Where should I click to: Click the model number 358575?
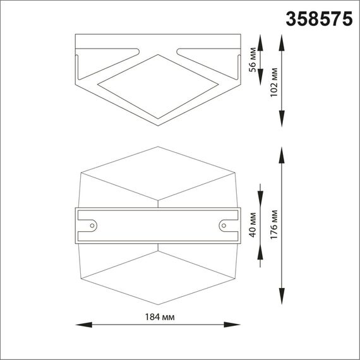click(320, 19)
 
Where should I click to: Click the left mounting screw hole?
click(93, 224)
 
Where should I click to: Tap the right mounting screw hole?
click(223, 224)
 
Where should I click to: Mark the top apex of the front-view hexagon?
click(157, 147)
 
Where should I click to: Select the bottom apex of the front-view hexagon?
click(157, 303)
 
